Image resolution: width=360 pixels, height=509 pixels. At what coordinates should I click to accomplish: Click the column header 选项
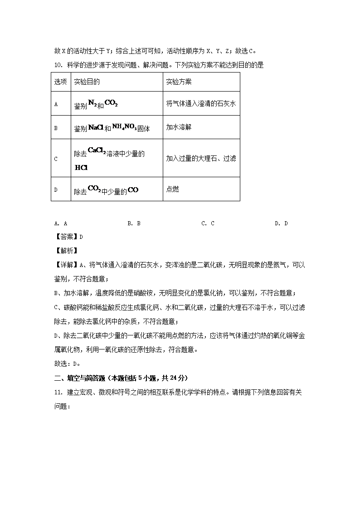click(x=60, y=82)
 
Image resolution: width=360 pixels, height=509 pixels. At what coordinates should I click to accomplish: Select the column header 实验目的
click(x=87, y=82)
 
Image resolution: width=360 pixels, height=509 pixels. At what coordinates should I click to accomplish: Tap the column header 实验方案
click(x=179, y=82)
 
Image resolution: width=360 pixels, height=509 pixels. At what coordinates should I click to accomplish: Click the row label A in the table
click(x=56, y=104)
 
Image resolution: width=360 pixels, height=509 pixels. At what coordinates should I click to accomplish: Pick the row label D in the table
click(x=56, y=189)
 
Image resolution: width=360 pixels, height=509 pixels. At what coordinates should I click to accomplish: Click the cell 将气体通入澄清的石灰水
click(x=201, y=104)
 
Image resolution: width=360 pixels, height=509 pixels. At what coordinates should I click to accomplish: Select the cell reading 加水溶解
click(x=179, y=127)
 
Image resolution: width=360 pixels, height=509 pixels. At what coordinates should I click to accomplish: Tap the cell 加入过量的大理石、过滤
click(x=201, y=159)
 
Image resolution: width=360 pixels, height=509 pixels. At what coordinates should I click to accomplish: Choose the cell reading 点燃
click(x=172, y=189)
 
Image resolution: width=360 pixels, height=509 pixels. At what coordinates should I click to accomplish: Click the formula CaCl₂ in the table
click(x=97, y=150)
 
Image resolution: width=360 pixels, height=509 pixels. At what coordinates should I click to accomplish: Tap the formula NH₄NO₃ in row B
click(x=125, y=127)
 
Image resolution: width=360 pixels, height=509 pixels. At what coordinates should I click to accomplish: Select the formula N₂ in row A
click(x=92, y=103)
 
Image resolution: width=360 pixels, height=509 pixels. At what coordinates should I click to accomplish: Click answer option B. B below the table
click(x=134, y=223)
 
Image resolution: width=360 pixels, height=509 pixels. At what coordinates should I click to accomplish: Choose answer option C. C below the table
click(x=208, y=223)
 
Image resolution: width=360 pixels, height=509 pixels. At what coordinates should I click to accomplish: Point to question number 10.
click(x=58, y=65)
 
